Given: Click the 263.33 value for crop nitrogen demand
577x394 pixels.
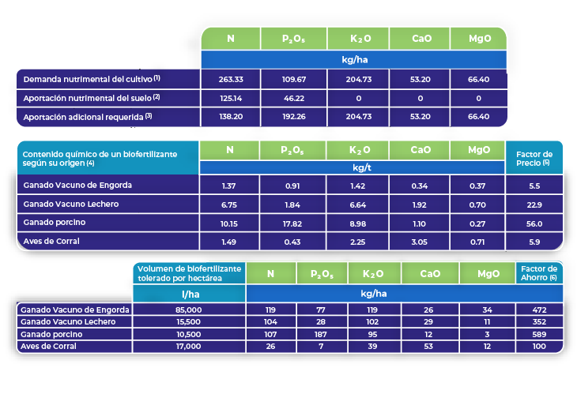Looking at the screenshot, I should pyautogui.click(x=230, y=79).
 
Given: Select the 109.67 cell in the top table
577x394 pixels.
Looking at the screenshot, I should pyautogui.click(x=293, y=79).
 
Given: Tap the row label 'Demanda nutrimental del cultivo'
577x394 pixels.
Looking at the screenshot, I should pyautogui.click(x=92, y=79).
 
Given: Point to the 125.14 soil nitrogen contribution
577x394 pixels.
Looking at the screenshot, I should pyautogui.click(x=230, y=98).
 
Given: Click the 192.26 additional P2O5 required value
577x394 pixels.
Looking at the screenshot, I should pyautogui.click(x=293, y=116).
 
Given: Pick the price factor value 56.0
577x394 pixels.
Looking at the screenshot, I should pyautogui.click(x=534, y=223).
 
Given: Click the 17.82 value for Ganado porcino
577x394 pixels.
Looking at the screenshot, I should pyautogui.click(x=293, y=223).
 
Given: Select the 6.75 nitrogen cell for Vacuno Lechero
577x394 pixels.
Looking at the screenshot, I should pyautogui.click(x=230, y=205).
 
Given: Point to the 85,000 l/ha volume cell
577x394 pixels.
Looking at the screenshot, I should pyautogui.click(x=189, y=310).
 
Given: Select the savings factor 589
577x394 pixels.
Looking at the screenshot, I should pyautogui.click(x=540, y=334).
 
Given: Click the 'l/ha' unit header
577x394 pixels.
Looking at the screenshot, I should pyautogui.click(x=189, y=294).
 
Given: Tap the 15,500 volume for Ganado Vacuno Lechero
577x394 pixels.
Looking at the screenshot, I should pyautogui.click(x=189, y=322).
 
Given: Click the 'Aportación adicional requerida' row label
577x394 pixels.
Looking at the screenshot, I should pyautogui.click(x=88, y=116).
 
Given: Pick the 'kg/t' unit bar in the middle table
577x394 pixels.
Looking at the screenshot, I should pyautogui.click(x=352, y=167).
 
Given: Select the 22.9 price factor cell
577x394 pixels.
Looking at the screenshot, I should pyautogui.click(x=534, y=205).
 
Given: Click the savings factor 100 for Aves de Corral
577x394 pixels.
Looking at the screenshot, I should pyautogui.click(x=540, y=346).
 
